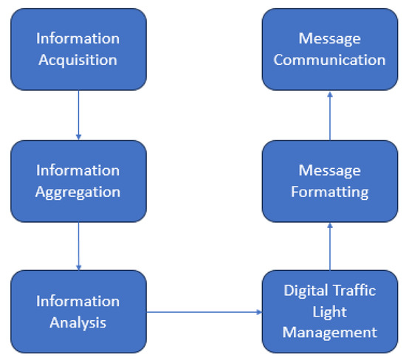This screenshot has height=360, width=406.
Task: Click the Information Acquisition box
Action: [78, 49]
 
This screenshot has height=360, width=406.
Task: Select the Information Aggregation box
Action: [78, 180]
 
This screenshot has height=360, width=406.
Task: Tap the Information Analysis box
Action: [78, 311]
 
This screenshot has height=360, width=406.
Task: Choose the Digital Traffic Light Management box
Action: [329, 311]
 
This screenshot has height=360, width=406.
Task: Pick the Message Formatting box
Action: [329, 180]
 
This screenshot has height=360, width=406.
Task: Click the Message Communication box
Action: [329, 49]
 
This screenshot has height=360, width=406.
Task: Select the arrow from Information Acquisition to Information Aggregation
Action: [78, 114]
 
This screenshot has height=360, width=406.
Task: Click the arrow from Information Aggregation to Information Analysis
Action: [78, 246]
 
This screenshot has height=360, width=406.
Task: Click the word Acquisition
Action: [78, 59]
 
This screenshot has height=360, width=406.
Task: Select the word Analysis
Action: [78, 322]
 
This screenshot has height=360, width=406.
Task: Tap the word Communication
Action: [329, 59]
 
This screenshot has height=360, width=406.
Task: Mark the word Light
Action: [329, 311]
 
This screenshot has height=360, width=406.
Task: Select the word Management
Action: [329, 332]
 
